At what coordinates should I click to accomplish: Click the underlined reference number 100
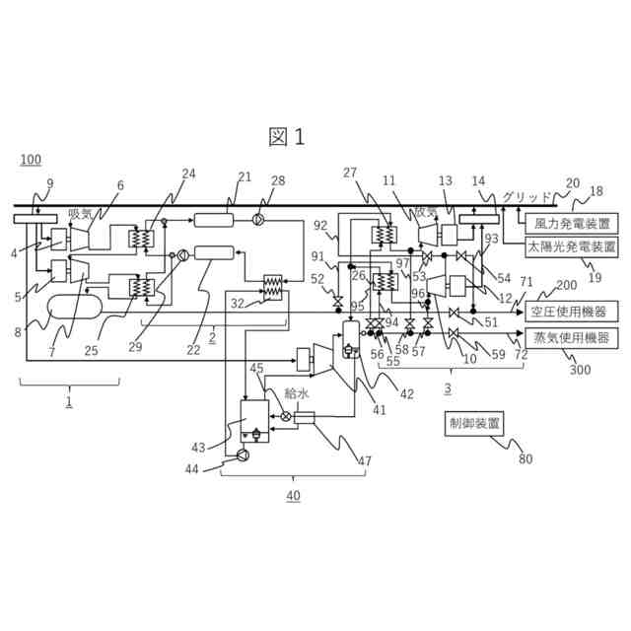tap(31, 160)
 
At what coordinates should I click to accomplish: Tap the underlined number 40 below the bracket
tap(293, 496)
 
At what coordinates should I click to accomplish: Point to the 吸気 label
tap(80, 212)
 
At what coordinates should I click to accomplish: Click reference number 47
tap(365, 460)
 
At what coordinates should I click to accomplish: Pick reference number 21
tap(245, 177)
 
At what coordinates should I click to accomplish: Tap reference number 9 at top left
tap(50, 182)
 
